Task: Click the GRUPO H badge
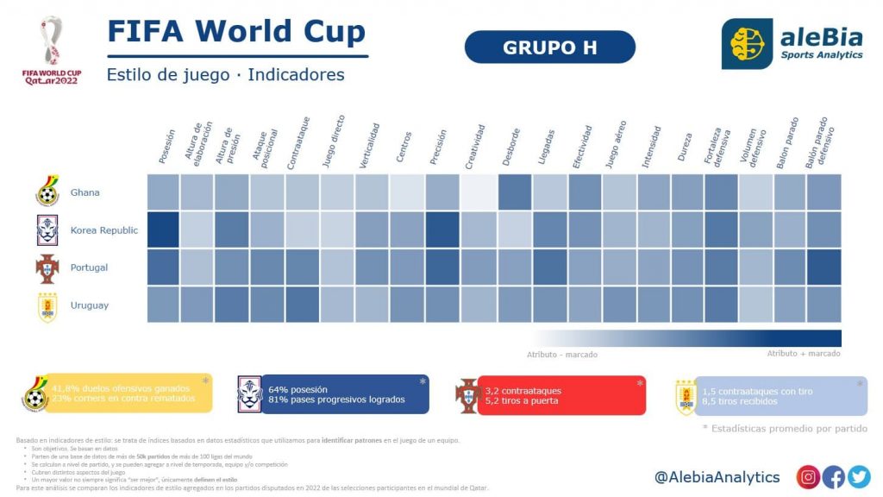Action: point(550,47)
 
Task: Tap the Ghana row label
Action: point(85,192)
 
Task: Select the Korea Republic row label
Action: point(103,230)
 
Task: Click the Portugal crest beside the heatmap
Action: point(47,268)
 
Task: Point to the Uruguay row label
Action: point(89,305)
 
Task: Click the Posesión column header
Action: point(167,147)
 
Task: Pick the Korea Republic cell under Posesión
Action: point(163,230)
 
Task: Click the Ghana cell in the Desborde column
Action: point(515,192)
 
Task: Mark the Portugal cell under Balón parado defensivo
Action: point(824,267)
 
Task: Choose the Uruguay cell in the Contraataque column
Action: point(303,305)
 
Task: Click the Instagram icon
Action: point(808,477)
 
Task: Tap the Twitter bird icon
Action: point(859,477)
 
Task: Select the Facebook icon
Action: point(834,477)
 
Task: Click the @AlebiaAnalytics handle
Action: point(717,477)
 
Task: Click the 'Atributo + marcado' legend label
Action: point(804,354)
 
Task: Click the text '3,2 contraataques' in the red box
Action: point(524,389)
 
